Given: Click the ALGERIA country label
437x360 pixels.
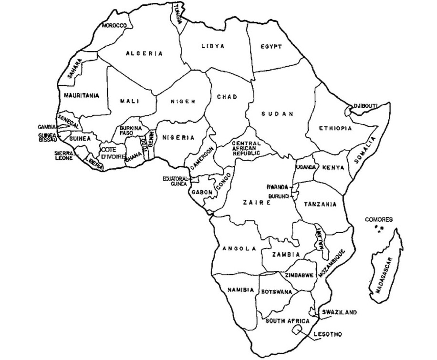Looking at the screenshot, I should (x=144, y=54).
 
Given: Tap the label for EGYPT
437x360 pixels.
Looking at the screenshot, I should (x=271, y=47).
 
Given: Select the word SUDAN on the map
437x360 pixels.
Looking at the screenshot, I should (x=277, y=114).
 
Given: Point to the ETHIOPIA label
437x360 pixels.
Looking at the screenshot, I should (x=335, y=128).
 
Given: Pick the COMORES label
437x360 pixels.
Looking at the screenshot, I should (x=379, y=220).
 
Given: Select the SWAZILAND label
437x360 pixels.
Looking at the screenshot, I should (x=339, y=312).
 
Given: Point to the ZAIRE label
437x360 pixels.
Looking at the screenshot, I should (x=257, y=203).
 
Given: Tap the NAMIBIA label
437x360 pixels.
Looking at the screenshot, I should (x=238, y=290).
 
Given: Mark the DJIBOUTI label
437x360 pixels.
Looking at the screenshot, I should (x=365, y=105).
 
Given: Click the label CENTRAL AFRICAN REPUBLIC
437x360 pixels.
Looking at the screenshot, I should (x=246, y=149).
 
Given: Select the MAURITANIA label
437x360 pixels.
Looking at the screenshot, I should (x=82, y=95).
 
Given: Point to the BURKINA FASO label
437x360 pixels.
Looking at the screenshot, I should (x=129, y=131).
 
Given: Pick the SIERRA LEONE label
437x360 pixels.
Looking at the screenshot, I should (x=63, y=155).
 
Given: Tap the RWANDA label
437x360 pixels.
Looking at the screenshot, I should (x=278, y=187).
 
